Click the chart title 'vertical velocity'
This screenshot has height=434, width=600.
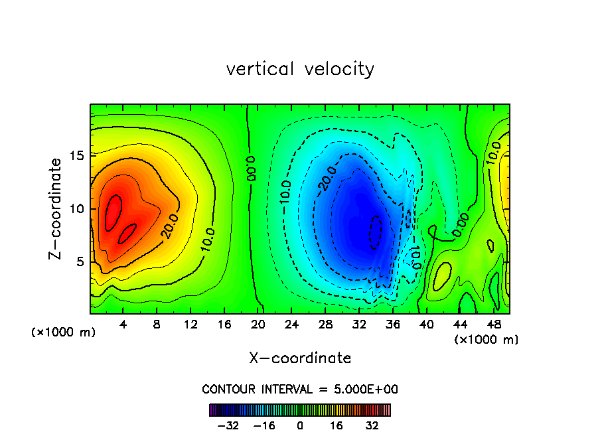click(300, 69)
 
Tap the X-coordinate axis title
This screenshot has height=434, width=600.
click(300, 358)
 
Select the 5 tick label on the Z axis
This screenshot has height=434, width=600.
click(77, 262)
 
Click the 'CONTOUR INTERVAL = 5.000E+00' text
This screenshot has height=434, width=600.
click(300, 389)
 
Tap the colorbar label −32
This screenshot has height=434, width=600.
click(227, 425)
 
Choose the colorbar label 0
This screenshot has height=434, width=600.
click(300, 425)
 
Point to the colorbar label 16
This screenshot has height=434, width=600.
click(337, 425)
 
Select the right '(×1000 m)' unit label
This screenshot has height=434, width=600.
click(487, 339)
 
